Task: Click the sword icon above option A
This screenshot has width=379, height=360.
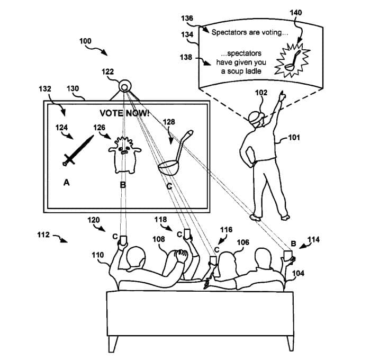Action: (78, 151)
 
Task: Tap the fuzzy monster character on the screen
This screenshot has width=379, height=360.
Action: (124, 155)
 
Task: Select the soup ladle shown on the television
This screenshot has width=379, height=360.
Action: (175, 153)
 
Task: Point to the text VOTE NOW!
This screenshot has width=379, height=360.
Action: (124, 113)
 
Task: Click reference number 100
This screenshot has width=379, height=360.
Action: (85, 41)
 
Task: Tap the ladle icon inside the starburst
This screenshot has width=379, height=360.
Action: (293, 60)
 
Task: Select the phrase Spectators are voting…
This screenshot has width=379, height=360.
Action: (250, 32)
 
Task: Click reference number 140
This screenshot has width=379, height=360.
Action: (296, 13)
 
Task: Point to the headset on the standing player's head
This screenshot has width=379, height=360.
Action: (257, 118)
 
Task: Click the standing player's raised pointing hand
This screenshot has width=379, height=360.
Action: (282, 96)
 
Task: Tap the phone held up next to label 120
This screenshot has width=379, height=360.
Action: (123, 240)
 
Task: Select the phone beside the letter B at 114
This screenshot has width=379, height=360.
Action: (288, 256)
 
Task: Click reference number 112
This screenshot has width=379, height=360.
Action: (43, 235)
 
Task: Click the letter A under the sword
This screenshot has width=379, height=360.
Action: (67, 183)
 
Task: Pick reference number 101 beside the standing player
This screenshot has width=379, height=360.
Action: (294, 138)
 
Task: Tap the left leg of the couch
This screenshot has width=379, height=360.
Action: (113, 344)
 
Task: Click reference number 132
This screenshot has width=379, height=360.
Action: (45, 89)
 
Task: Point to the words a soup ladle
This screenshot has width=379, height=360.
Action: (241, 71)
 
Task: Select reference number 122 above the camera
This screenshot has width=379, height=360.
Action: (107, 72)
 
